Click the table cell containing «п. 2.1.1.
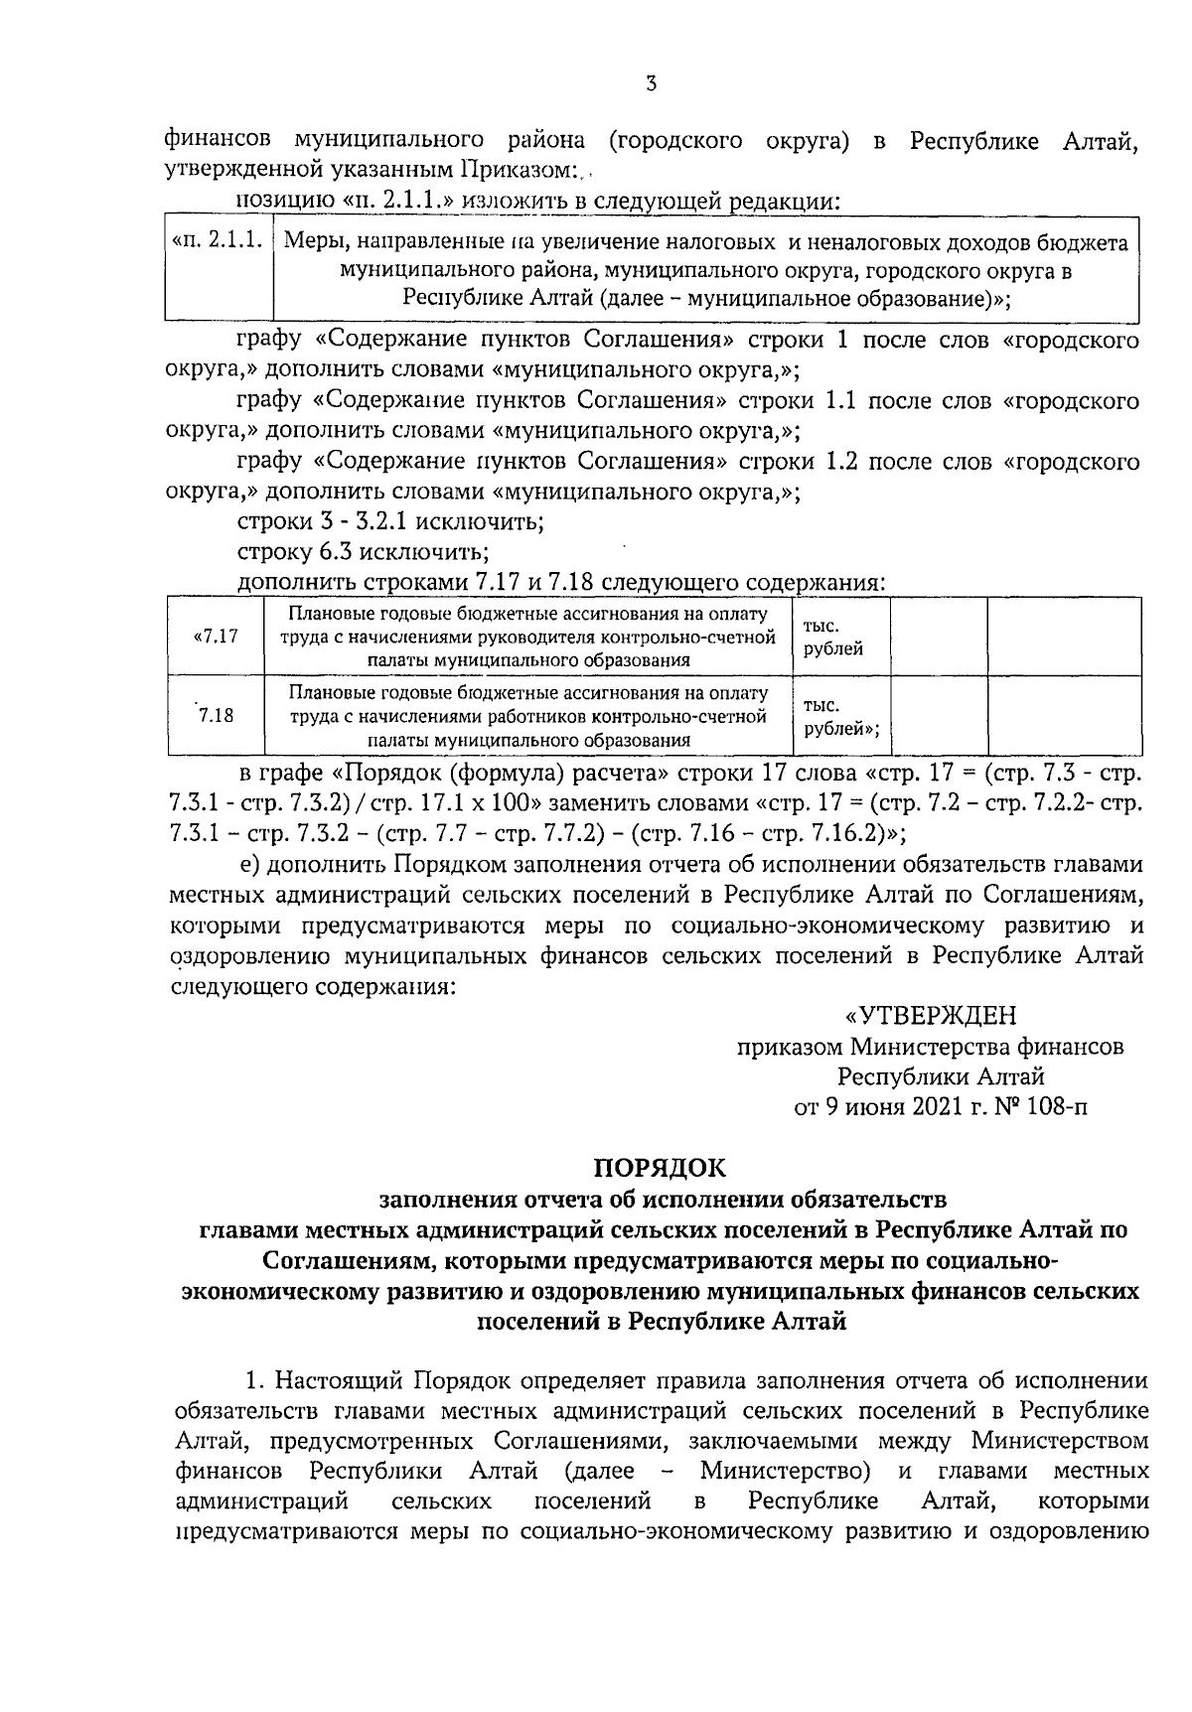[218, 242]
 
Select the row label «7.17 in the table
[215, 637]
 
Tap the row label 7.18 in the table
[215, 714]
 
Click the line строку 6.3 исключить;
[363, 551]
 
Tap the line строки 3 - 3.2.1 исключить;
[389, 521]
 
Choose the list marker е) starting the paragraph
[251, 864]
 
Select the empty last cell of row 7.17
[1062, 637]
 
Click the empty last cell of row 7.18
[1062, 714]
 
